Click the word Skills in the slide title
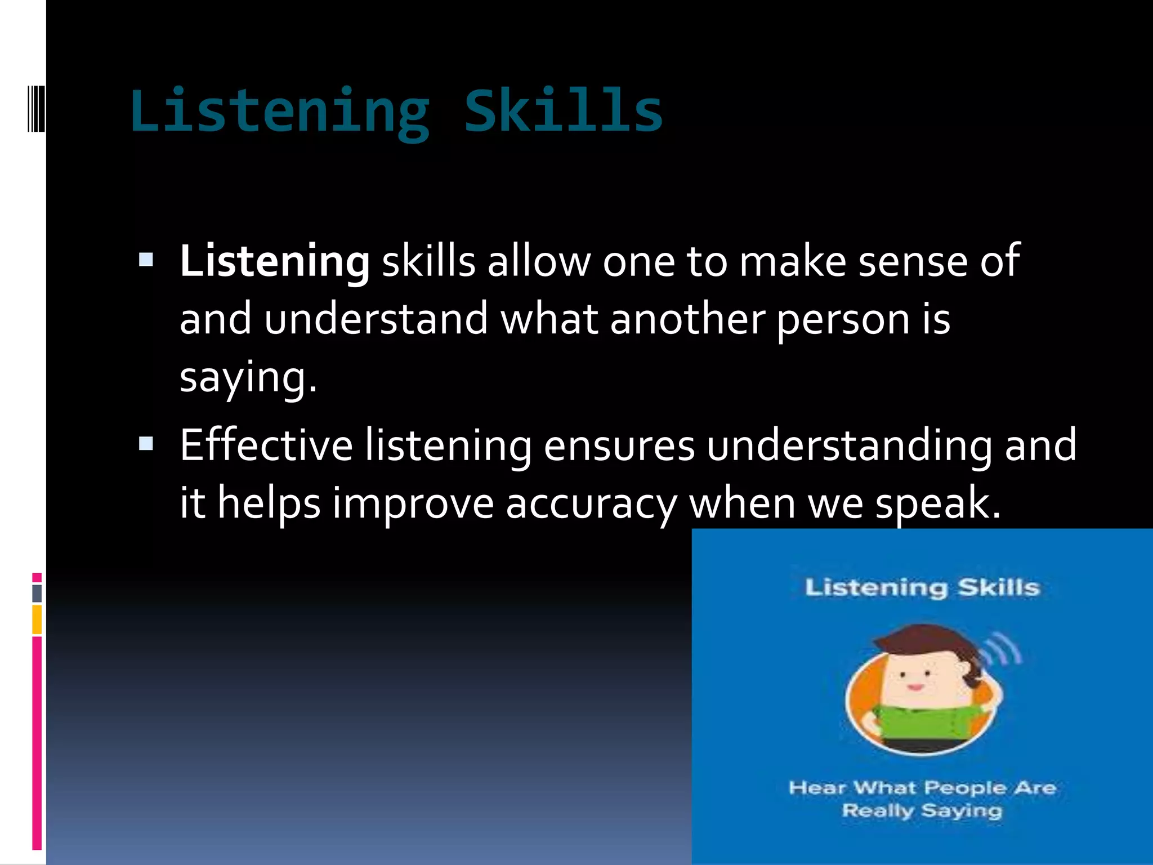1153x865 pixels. pyautogui.click(x=563, y=111)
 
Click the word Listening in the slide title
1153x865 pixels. pyautogui.click(x=280, y=111)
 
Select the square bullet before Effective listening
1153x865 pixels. pyautogui.click(x=146, y=444)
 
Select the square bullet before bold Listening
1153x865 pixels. pyautogui.click(x=146, y=260)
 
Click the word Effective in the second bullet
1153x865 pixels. pyautogui.click(x=266, y=445)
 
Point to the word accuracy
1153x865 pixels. pyautogui.click(x=591, y=503)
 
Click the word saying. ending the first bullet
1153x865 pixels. pyautogui.click(x=248, y=377)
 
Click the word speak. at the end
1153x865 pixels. pyautogui.click(x=939, y=503)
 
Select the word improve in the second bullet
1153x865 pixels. pyautogui.click(x=413, y=503)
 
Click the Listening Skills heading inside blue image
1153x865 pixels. pyautogui.click(x=922, y=587)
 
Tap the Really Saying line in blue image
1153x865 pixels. pyautogui.click(x=922, y=810)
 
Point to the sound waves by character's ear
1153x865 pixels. pyautogui.click(x=1005, y=650)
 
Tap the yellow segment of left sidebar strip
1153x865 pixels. pyautogui.click(x=37, y=619)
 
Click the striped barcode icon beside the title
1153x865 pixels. pyautogui.click(x=36, y=108)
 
